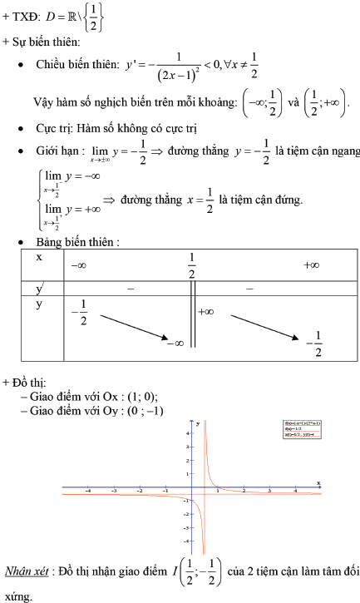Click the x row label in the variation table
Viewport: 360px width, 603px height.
coord(38,258)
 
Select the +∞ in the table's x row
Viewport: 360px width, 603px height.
coord(312,264)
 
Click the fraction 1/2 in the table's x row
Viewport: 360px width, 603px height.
coord(191,265)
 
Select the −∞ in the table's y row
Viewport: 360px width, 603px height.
coord(175,342)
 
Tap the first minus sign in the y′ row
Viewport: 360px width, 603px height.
coord(130,289)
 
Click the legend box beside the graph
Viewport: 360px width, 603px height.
coord(303,430)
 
